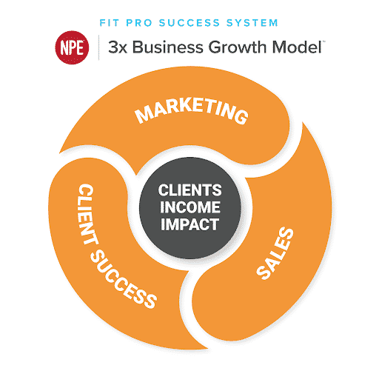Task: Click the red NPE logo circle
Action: (x=72, y=47)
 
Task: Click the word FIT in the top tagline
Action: (x=110, y=23)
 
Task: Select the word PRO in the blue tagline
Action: (x=139, y=23)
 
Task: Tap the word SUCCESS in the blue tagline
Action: (x=189, y=23)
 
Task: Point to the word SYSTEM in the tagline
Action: (x=252, y=23)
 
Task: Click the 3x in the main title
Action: (x=118, y=47)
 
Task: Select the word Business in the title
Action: (x=168, y=47)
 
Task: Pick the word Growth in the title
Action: (x=238, y=47)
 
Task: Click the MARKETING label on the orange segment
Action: (x=192, y=110)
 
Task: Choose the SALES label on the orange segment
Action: (x=275, y=253)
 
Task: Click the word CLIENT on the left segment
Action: (x=87, y=214)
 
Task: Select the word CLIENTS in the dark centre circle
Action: (x=189, y=190)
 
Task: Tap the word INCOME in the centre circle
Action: (x=189, y=207)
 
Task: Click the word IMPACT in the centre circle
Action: (x=189, y=224)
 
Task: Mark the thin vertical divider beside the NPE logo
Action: (x=99, y=47)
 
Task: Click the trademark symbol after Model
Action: (x=323, y=41)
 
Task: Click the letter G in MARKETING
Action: (x=241, y=116)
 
